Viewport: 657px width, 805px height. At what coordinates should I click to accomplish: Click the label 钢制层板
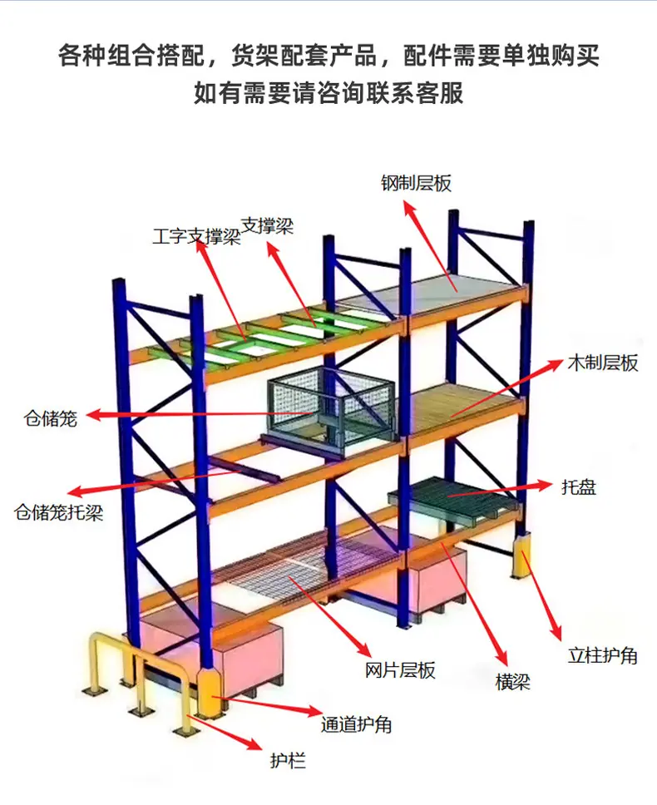[417, 183]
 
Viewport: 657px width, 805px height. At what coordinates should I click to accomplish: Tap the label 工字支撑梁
[196, 237]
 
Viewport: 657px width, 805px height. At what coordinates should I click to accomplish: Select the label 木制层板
[603, 363]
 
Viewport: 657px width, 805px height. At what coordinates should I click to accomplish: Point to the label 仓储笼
[50, 418]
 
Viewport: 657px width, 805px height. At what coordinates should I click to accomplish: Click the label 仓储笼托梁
[59, 511]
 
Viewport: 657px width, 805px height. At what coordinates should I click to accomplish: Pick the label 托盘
[579, 486]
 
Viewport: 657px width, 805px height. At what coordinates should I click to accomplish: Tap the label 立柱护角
[603, 655]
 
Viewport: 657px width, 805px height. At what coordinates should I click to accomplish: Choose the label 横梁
[513, 682]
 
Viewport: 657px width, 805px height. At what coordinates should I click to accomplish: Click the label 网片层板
[400, 670]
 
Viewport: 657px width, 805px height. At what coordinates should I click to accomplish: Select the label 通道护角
[357, 724]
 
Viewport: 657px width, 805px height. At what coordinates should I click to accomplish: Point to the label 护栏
[288, 760]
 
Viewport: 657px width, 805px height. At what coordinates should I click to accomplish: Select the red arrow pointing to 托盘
[493, 491]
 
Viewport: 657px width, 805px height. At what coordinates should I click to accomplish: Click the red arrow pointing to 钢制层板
[430, 245]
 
